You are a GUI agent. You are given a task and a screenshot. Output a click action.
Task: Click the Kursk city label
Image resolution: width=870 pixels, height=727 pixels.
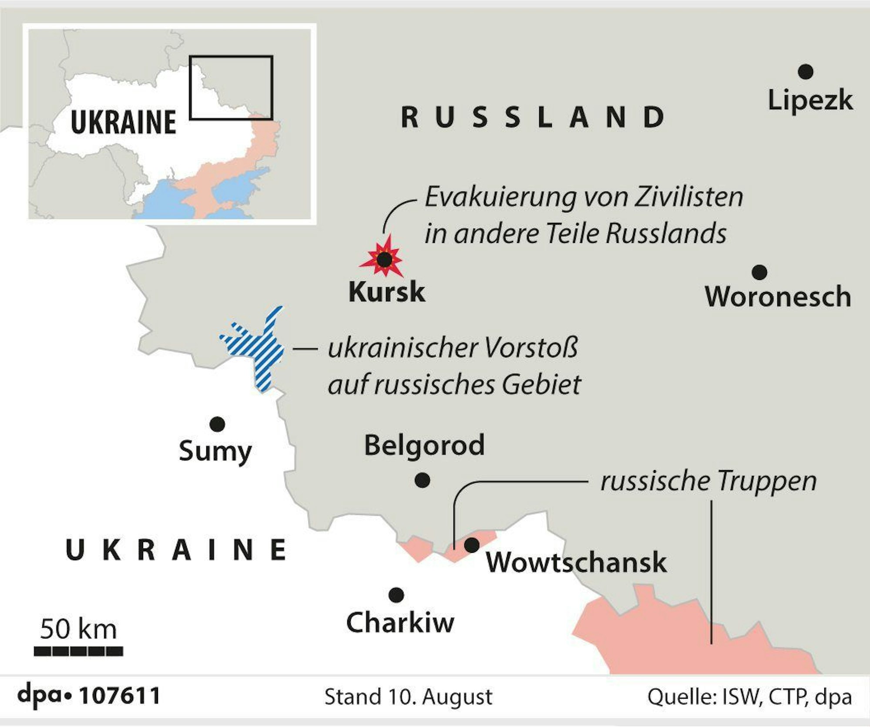point(386,292)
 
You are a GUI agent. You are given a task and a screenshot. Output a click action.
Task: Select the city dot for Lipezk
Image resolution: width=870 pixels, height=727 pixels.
point(806,71)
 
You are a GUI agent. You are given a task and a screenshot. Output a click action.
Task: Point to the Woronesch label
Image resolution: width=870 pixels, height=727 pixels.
point(778,297)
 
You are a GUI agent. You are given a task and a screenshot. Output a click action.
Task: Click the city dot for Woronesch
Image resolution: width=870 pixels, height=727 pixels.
point(759,272)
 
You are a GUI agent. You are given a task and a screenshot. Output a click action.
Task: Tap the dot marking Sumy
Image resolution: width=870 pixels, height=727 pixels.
point(217,424)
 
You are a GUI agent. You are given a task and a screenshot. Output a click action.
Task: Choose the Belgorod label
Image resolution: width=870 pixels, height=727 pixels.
point(424,445)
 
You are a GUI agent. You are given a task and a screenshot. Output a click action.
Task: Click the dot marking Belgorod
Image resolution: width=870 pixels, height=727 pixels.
point(422,480)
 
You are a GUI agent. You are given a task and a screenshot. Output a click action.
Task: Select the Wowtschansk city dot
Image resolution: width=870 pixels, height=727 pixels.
point(471,545)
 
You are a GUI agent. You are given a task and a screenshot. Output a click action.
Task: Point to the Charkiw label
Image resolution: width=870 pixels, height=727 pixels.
point(400,623)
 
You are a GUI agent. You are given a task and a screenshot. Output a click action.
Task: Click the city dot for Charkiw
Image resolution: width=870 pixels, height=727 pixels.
point(396,595)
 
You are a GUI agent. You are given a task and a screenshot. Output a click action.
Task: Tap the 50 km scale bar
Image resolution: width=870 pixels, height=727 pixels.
point(78,651)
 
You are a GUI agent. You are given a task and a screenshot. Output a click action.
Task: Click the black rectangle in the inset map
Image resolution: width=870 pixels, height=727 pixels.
point(231,88)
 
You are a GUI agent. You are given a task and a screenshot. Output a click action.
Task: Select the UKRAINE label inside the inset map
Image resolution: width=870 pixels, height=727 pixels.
point(123,122)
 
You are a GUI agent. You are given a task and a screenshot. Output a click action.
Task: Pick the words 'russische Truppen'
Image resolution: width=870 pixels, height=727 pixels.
point(708,481)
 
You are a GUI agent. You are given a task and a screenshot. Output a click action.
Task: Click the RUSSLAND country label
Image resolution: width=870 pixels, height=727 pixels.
point(533,117)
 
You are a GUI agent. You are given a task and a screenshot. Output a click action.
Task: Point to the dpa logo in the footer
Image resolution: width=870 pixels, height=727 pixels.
point(44,696)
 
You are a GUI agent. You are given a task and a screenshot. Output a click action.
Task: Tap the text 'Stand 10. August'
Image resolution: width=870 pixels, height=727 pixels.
point(408,697)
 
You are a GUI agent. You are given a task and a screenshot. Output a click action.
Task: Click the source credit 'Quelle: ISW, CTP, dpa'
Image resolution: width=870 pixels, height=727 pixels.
point(749,697)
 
